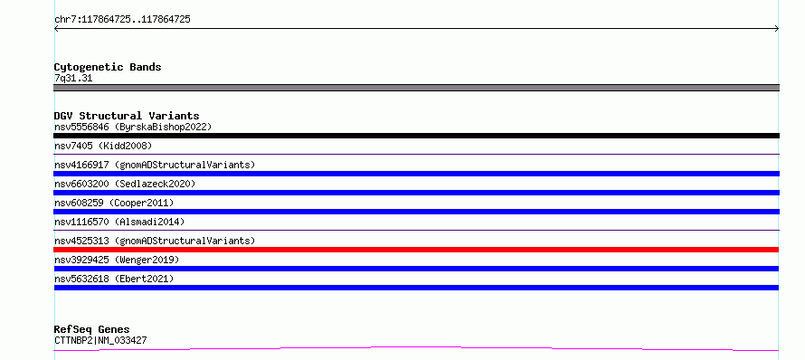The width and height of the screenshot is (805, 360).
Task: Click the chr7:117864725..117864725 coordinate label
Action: click(x=122, y=20)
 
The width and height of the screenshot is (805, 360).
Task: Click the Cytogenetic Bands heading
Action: click(x=108, y=67)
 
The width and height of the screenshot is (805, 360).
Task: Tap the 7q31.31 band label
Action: click(x=73, y=79)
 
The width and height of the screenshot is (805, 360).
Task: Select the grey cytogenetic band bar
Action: click(x=416, y=88)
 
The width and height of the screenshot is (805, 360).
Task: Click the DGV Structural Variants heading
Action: click(x=127, y=116)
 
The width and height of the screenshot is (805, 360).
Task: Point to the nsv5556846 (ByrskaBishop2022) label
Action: click(x=133, y=127)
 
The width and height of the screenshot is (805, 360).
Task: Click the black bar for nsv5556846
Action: click(x=416, y=136)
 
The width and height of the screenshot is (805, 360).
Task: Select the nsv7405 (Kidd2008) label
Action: click(x=103, y=146)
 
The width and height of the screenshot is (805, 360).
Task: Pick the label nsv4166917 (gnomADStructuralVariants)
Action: click(x=155, y=165)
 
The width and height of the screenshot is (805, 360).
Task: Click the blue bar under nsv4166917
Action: click(x=416, y=174)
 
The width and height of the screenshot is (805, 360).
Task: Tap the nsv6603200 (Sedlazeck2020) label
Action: click(x=125, y=184)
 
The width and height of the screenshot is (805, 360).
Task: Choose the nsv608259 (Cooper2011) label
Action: click(x=114, y=203)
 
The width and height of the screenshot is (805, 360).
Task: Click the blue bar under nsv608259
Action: click(x=416, y=212)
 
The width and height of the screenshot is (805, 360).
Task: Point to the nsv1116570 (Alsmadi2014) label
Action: click(x=119, y=222)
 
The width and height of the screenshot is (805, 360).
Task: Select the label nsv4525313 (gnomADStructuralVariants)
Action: click(x=155, y=241)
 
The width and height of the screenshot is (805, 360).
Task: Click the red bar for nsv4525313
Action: click(x=416, y=250)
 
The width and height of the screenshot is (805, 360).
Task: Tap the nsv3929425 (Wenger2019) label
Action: click(x=117, y=260)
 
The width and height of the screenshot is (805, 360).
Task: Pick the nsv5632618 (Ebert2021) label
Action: click(x=114, y=279)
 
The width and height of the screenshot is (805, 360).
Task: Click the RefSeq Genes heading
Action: click(x=91, y=329)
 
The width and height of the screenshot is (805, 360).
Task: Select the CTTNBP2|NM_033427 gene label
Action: click(x=100, y=340)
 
